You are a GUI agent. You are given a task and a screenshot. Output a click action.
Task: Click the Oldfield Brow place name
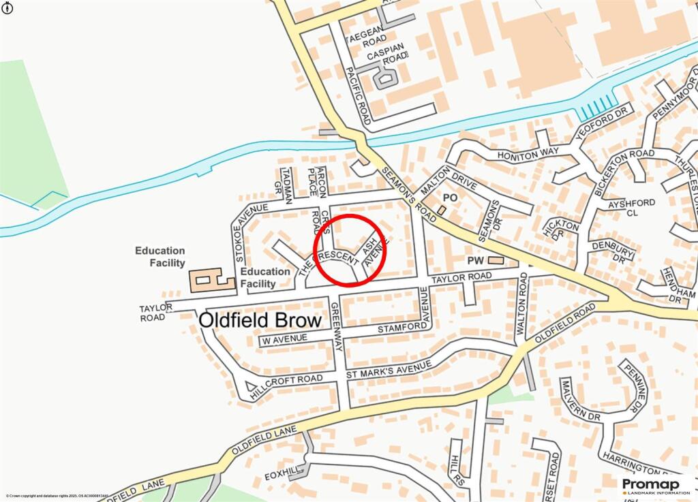(x=269, y=321)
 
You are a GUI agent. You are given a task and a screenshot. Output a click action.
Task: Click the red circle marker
(x=350, y=250)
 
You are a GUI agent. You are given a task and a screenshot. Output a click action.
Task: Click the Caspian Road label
(x=386, y=54)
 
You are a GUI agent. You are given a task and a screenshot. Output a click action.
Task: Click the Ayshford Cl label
(x=633, y=207)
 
